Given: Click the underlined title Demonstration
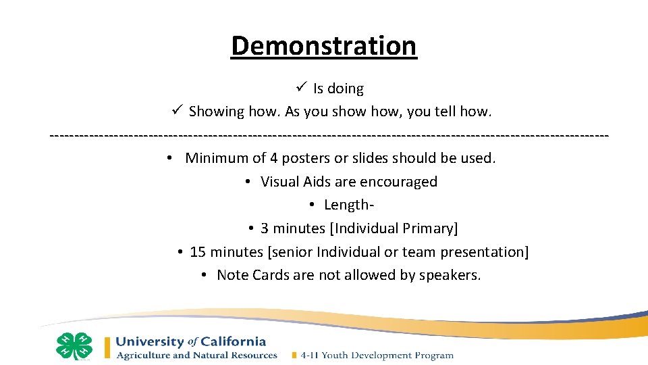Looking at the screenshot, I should pos(324,46).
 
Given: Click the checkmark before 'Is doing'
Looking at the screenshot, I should pos(302,88).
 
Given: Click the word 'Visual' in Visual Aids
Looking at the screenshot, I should pos(279,182).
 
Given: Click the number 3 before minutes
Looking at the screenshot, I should pos(265,228).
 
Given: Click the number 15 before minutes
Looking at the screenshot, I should pos(198,252).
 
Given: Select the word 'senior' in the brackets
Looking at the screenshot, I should pos(292,252).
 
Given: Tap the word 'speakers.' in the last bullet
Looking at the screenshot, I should pos(450,276).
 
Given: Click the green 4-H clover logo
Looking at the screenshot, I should pos(74,346).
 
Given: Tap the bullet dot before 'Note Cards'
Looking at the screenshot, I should pos(204,275).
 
